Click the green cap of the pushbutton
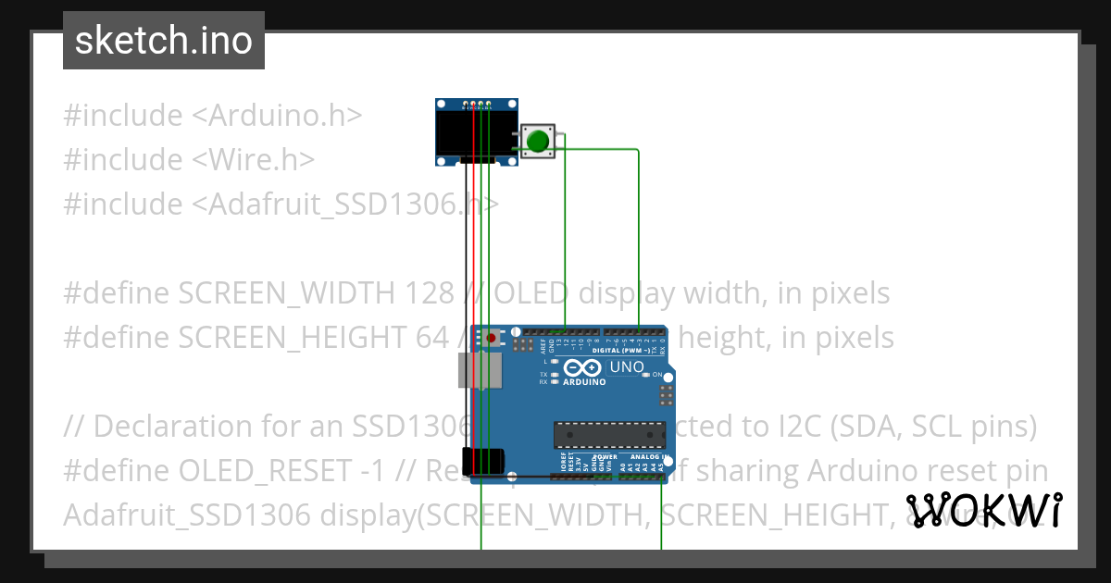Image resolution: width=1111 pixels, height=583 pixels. coord(538,142)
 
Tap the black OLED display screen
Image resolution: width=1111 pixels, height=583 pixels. coord(476,133)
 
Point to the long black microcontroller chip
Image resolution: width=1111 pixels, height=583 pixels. coord(609,434)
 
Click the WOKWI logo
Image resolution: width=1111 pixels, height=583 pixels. coord(984,510)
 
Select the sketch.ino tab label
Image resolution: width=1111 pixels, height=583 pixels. coord(164,41)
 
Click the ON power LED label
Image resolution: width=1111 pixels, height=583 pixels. coord(656,375)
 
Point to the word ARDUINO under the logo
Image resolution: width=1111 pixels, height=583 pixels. coord(584,381)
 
